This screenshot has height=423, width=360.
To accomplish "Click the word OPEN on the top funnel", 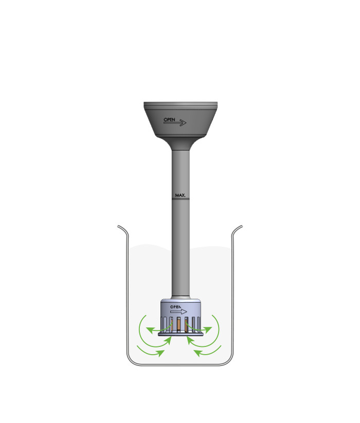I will (170, 119).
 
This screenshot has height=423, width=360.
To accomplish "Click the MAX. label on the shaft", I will (180, 196).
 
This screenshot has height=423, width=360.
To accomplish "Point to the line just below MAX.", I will (180, 200).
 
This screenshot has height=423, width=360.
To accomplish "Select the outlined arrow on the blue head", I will (178, 311).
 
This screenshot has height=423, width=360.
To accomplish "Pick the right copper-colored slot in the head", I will (188, 325).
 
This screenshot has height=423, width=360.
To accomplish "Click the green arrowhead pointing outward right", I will (209, 328).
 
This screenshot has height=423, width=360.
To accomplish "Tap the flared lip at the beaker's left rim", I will (121, 227).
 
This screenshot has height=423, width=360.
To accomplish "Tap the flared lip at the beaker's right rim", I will (238, 227).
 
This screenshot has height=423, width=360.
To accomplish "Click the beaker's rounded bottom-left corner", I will (131, 361).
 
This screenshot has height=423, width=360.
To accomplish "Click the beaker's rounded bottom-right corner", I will (229, 361).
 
